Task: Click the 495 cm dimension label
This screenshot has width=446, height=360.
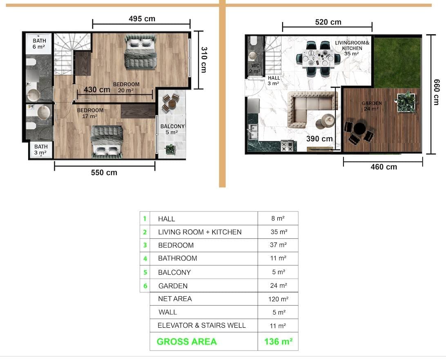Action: (142, 19)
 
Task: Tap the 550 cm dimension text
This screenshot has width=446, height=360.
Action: (104, 173)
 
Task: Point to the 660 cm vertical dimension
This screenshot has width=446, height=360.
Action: (436, 92)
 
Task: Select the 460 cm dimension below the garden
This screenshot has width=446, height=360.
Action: (384, 167)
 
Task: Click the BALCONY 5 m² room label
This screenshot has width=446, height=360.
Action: (172, 129)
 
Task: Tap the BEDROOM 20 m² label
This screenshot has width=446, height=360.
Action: (126, 87)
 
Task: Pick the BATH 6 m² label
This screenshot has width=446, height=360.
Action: (39, 44)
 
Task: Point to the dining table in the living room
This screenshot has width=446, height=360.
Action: (318, 58)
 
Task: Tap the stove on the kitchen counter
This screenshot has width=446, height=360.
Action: (287, 146)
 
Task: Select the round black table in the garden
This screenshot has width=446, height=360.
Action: (359, 128)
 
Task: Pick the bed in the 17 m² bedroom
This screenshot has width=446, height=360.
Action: (107, 142)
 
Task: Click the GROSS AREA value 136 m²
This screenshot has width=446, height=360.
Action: (278, 341)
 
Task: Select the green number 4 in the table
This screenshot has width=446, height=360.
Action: (145, 259)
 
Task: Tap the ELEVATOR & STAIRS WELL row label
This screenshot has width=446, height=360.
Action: (201, 326)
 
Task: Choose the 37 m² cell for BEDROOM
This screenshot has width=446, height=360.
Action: (278, 245)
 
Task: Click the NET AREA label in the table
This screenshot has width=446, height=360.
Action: (175, 299)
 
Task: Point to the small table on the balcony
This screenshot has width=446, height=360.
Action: (172, 104)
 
